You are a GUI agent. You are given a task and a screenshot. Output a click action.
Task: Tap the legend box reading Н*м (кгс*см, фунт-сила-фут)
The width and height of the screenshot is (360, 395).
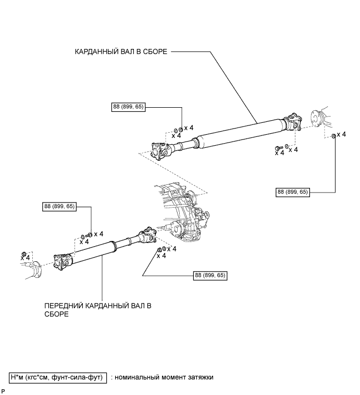[x=58, y=377]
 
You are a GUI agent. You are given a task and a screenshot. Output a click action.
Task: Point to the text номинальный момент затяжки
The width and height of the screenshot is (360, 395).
[x=164, y=377]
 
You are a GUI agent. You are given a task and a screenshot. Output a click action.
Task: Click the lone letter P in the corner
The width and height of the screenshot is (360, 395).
[x=3, y=390]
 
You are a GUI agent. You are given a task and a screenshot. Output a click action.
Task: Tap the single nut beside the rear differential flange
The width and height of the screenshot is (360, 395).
[x=333, y=136]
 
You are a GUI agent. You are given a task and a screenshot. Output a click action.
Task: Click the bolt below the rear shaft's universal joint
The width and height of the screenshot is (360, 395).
[x=278, y=147]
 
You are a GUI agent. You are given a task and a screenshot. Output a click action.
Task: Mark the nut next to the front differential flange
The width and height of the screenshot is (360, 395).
[x=23, y=253]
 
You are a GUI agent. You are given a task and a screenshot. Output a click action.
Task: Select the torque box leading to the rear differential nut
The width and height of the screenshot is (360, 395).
[x=293, y=192]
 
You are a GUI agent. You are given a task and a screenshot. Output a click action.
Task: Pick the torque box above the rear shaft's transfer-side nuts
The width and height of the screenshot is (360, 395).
[x=128, y=107]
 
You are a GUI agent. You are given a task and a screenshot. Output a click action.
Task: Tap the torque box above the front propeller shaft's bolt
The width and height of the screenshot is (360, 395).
[x=60, y=207]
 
